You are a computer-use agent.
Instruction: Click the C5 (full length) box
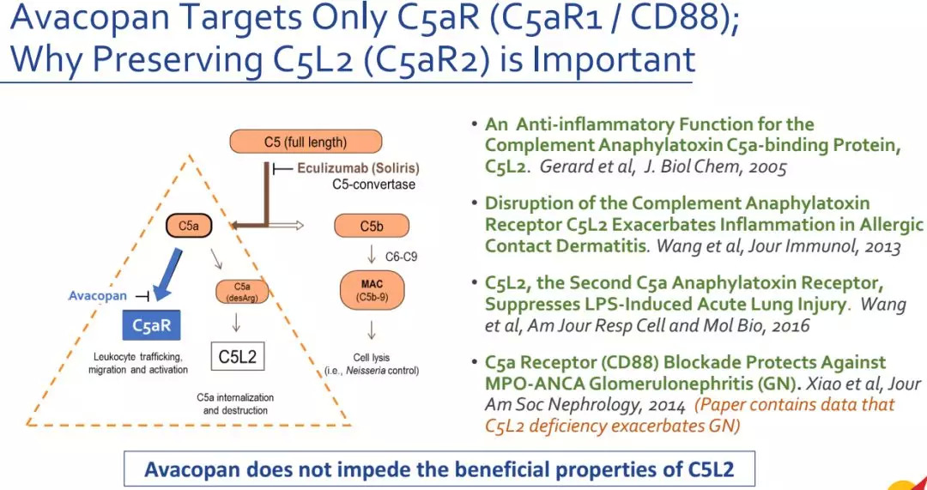[293, 142]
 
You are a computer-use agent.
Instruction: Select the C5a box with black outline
[188, 227]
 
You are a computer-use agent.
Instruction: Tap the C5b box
[371, 227]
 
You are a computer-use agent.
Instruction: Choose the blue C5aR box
[154, 325]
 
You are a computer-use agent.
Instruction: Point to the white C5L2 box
[237, 356]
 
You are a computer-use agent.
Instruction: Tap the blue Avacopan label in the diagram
[97, 296]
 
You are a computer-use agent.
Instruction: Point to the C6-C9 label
[401, 256]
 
